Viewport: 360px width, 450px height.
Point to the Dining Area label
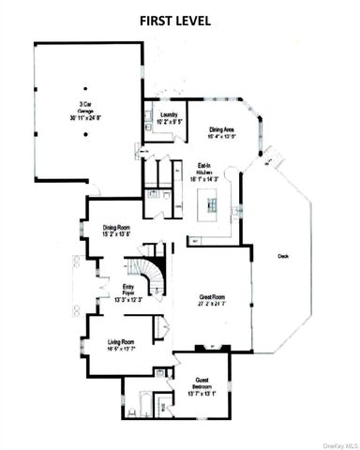[x=223, y=129]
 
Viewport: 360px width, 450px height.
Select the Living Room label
[x=122, y=344]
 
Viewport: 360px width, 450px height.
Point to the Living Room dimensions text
[x=122, y=350]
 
